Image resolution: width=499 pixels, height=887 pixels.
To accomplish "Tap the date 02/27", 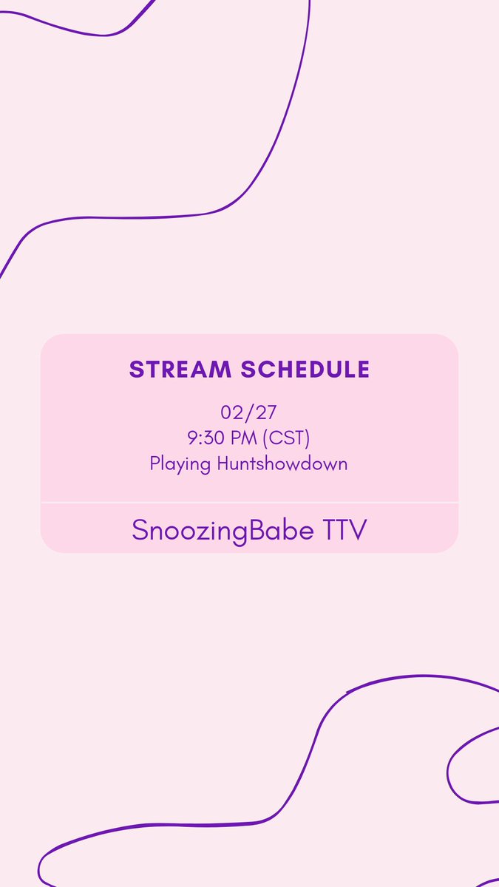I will click(249, 412).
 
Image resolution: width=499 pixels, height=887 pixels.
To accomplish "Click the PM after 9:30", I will click(245, 438).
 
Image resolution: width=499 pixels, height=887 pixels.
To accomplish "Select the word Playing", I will click(180, 464).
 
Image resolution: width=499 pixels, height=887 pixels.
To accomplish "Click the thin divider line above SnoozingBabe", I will click(249, 503).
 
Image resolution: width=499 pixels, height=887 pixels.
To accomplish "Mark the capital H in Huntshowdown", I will click(223, 463).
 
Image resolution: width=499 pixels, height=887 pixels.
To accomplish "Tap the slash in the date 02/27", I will click(249, 412).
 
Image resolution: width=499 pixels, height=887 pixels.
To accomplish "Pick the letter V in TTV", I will click(357, 529).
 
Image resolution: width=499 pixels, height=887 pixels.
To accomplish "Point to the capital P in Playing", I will click(155, 463).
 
